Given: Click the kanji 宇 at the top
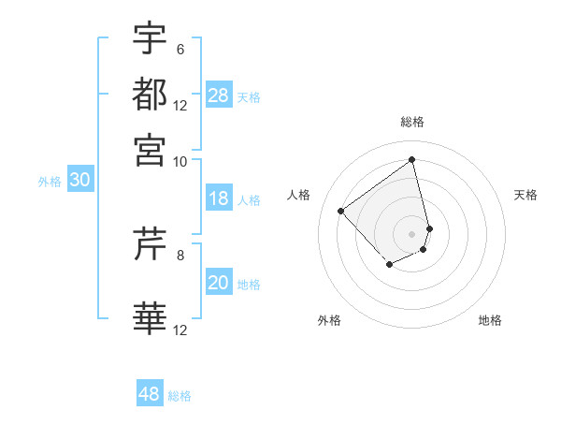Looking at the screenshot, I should coord(150,38).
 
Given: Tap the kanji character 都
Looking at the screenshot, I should coord(150,94).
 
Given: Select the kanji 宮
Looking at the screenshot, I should coord(150,149).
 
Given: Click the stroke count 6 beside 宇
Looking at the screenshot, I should coord(180,50).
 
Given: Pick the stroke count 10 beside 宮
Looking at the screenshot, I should coord(180,161).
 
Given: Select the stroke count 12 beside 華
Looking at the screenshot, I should coord(180,330).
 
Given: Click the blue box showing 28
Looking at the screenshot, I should coord(219,95).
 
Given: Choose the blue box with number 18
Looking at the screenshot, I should coord(219,198).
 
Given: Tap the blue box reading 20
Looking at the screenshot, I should coord(219,283).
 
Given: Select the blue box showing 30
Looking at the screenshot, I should coord(79,181).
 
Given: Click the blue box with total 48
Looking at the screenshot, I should coord(150,394).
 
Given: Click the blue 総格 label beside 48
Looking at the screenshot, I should coord(180,396).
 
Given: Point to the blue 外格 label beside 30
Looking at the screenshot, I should coord(50,182).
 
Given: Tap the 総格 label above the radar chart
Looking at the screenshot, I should coord(412,122).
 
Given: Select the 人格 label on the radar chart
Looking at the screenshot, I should coord(299,195).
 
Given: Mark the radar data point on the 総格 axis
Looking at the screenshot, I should coord(412,159).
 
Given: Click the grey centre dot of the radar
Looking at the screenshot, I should coord(412,233).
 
